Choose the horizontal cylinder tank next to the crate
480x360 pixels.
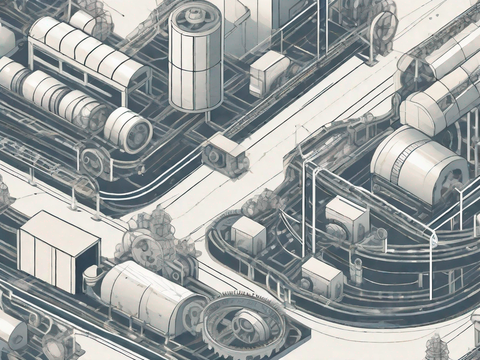145,295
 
